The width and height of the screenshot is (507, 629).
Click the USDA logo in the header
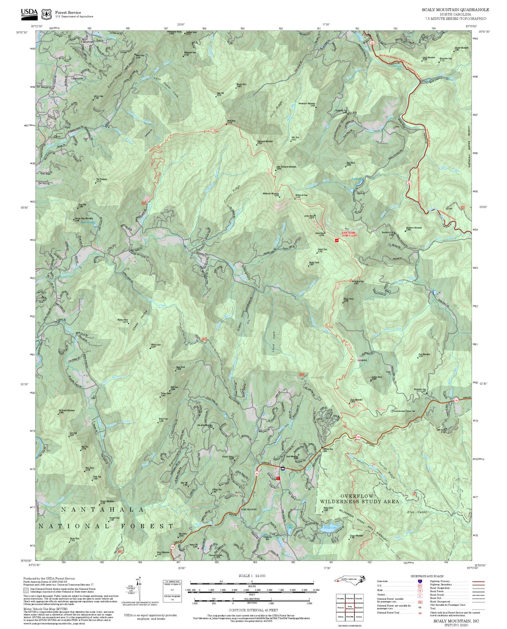point(29,13)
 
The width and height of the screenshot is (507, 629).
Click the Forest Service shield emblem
point(46,14)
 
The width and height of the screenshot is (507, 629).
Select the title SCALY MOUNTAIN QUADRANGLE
point(455,10)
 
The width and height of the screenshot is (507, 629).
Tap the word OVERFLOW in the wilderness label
point(357,496)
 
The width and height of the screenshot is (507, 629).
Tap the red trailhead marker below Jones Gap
point(336,241)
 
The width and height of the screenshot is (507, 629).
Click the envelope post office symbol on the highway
point(283,468)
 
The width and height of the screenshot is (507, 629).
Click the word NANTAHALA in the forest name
point(102,510)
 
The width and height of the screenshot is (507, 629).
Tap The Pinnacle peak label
point(101,180)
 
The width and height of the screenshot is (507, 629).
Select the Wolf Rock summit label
point(231,121)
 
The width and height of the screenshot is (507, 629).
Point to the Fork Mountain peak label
point(424,355)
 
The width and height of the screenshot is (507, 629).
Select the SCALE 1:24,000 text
point(252,576)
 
